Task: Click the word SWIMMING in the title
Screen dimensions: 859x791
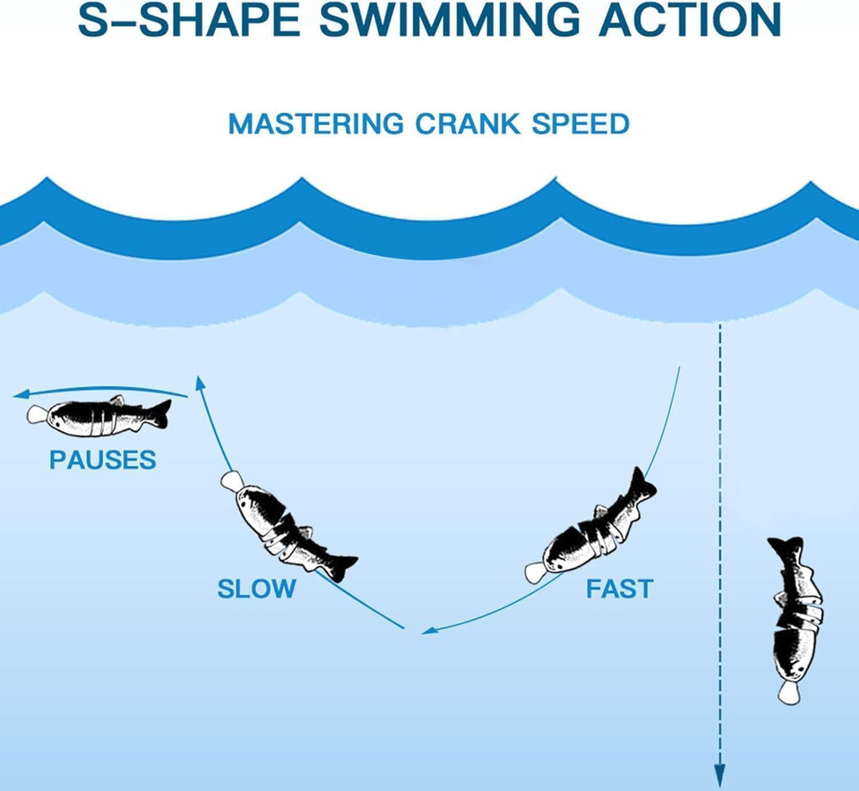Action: pyautogui.click(x=450, y=19)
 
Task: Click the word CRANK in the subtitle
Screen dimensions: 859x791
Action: pyautogui.click(x=467, y=123)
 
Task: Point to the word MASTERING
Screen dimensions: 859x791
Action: pyautogui.click(x=316, y=123)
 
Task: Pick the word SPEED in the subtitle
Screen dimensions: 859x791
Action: pyautogui.click(x=580, y=123)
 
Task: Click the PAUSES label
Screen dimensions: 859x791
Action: pyautogui.click(x=103, y=460)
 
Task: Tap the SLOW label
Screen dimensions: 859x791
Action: pyautogui.click(x=257, y=589)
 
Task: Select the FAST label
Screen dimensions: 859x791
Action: pyautogui.click(x=620, y=589)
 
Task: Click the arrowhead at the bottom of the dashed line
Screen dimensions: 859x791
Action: pyautogui.click(x=720, y=778)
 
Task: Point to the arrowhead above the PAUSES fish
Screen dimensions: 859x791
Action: pyautogui.click(x=22, y=394)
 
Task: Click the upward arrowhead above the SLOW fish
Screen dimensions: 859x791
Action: pyautogui.click(x=200, y=382)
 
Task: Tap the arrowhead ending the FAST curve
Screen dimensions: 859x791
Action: pyautogui.click(x=430, y=631)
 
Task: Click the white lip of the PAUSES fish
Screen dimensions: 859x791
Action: pyautogui.click(x=37, y=414)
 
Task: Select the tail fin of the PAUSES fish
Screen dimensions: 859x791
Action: pyautogui.click(x=160, y=413)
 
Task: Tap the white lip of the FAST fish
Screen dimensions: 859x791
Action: pyautogui.click(x=536, y=573)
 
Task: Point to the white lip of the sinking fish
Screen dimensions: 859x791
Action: pyautogui.click(x=789, y=693)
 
